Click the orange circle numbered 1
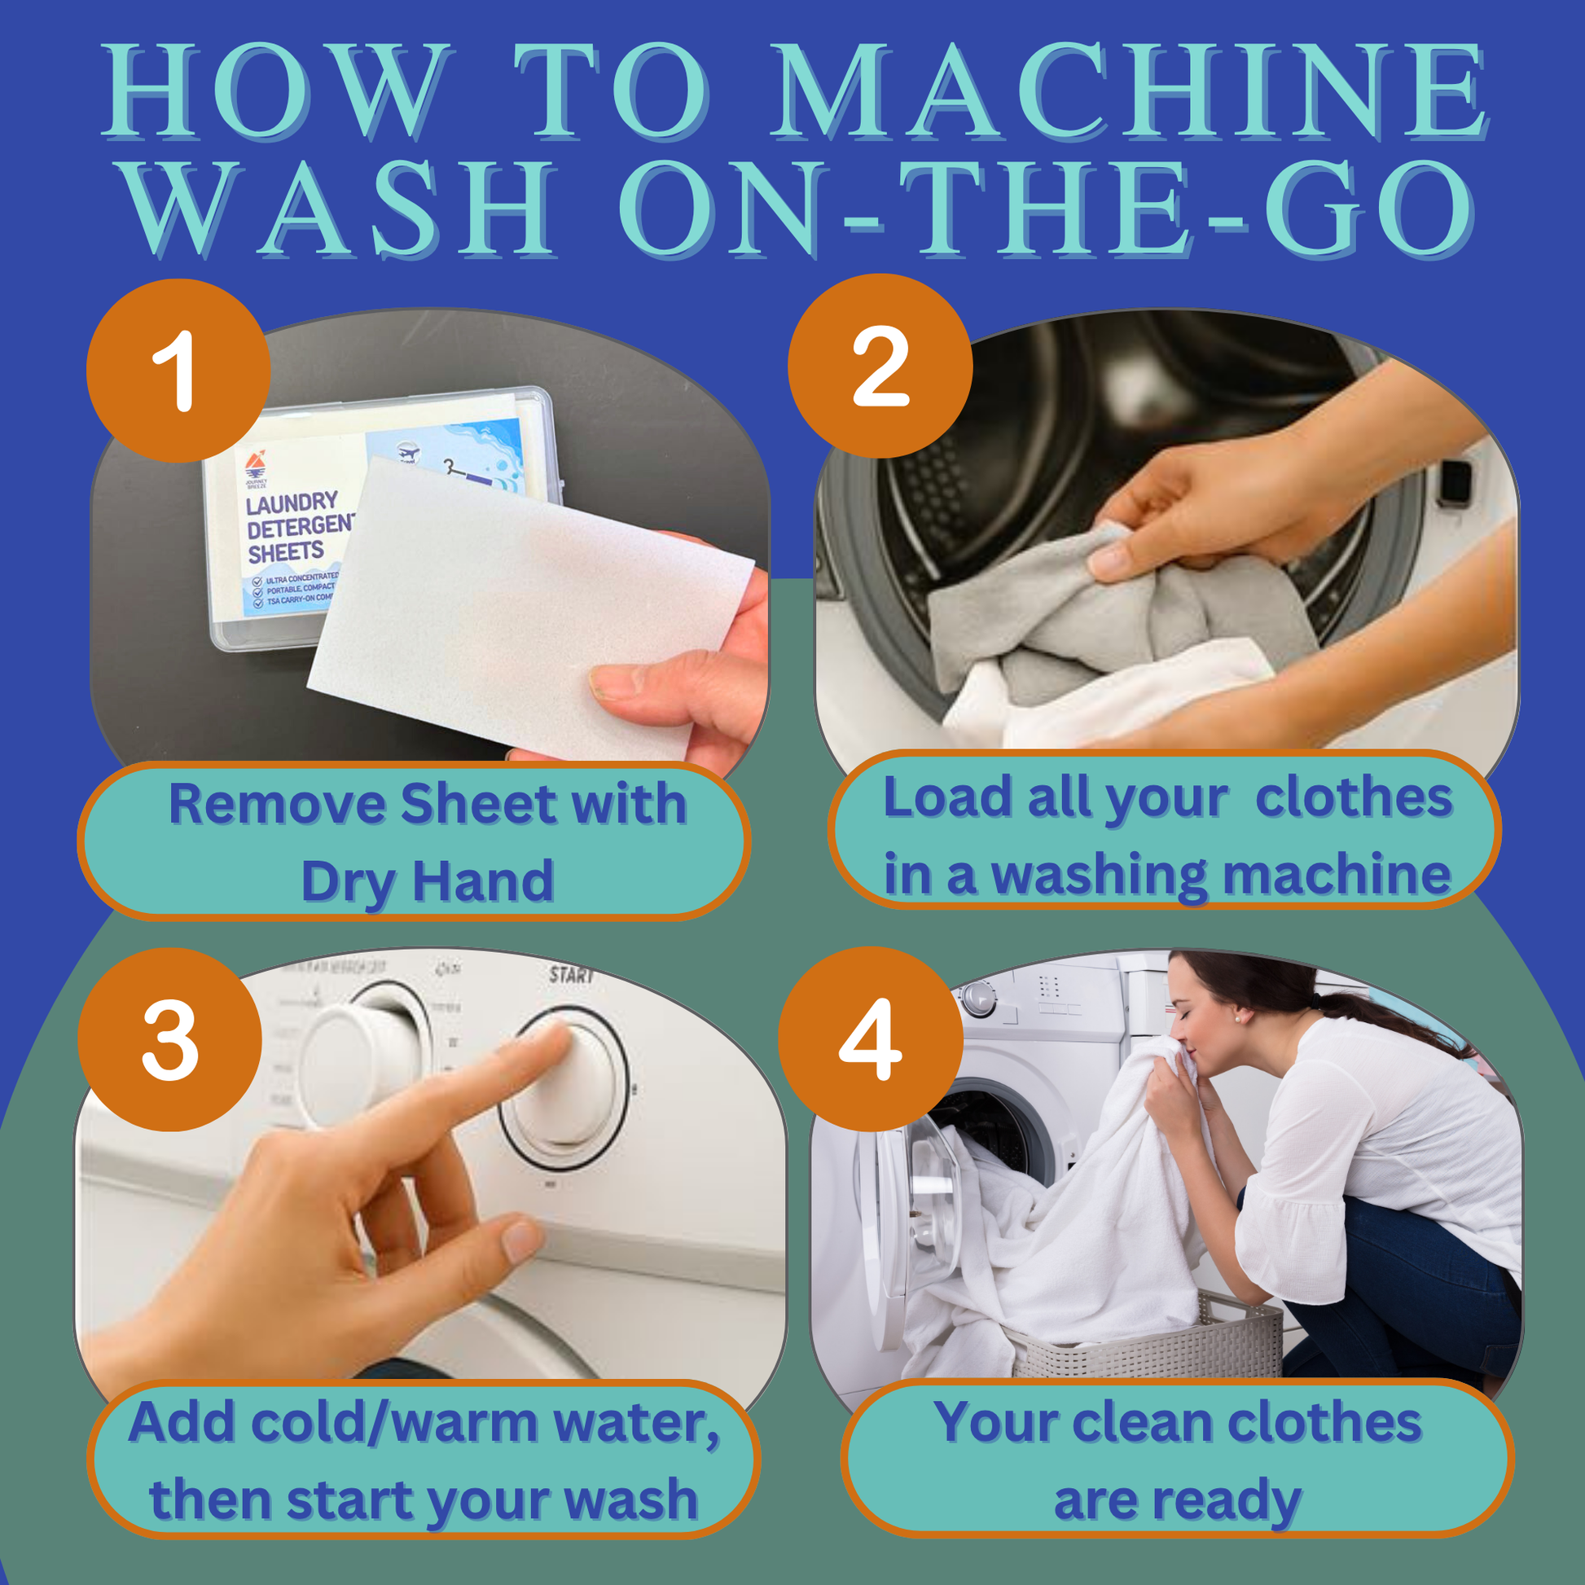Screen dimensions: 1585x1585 (x=178, y=371)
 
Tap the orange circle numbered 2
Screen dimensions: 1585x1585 (x=880, y=366)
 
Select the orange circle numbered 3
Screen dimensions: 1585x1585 (x=169, y=1039)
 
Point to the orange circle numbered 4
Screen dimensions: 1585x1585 (x=870, y=1038)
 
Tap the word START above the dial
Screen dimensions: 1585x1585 (x=571, y=975)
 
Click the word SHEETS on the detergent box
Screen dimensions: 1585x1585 (x=286, y=553)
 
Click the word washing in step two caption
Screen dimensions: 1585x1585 (x=1100, y=876)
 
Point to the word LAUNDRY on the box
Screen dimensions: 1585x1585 (x=292, y=503)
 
